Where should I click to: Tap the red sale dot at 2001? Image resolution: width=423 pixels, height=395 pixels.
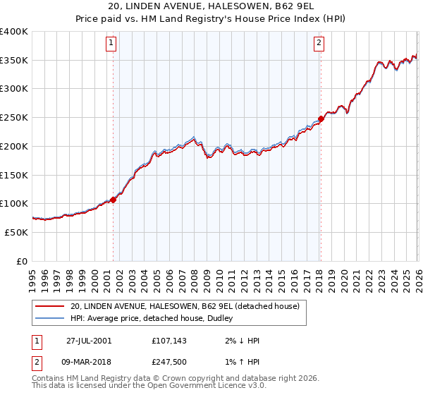(x=113, y=200)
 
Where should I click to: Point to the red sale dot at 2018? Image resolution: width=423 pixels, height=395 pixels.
(x=321, y=119)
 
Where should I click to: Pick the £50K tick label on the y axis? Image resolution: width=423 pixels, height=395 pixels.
(x=16, y=232)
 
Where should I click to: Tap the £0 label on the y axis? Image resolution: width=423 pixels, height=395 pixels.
(x=22, y=261)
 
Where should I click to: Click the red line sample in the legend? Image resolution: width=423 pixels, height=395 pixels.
(x=49, y=306)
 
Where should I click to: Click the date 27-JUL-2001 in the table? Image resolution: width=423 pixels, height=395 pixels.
(x=88, y=340)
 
